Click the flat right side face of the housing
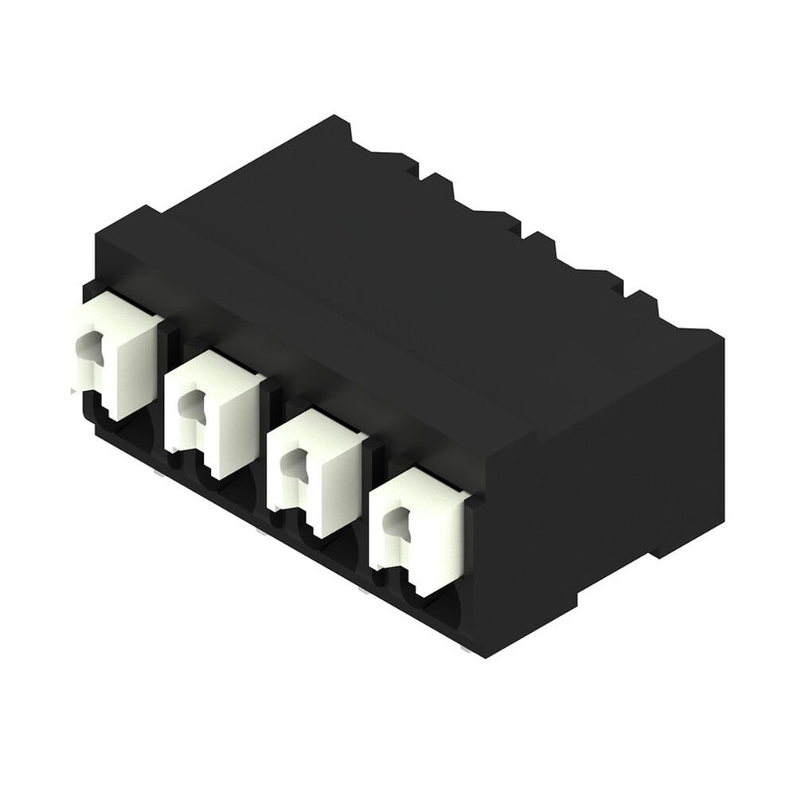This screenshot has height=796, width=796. click(x=605, y=478)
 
